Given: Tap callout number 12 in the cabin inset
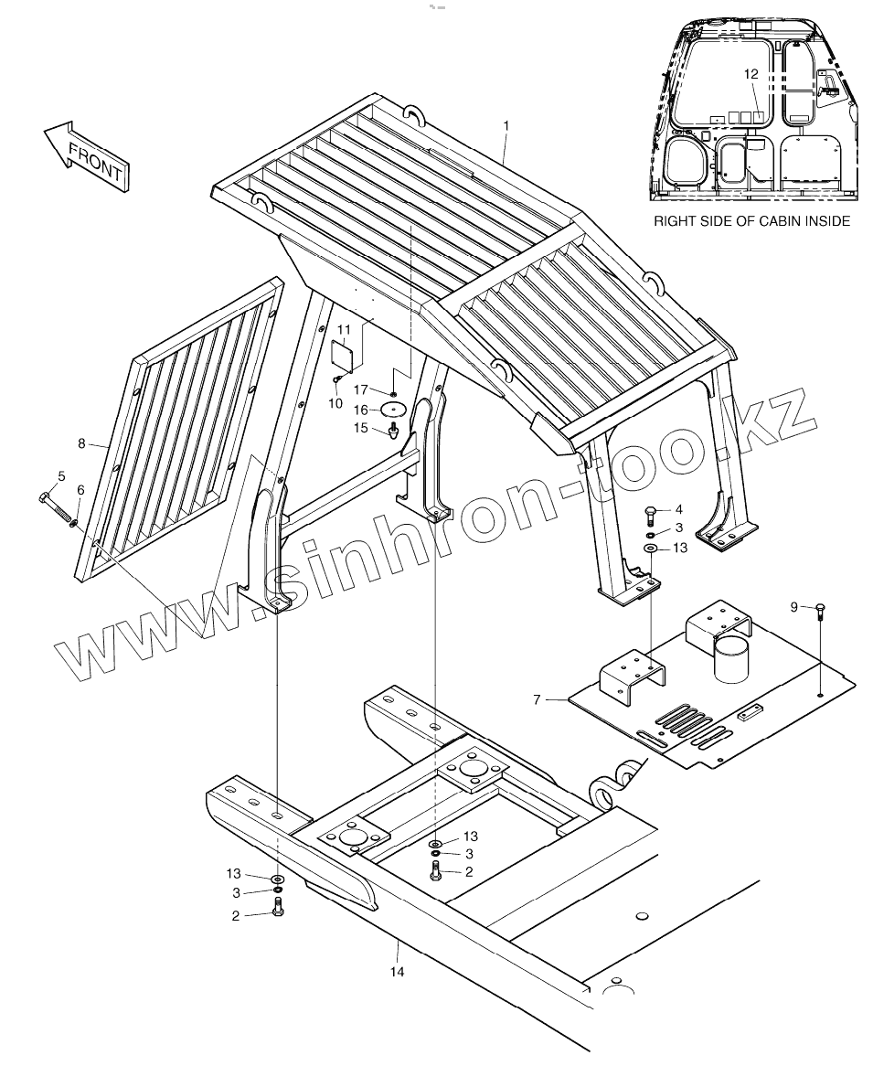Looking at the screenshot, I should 751,74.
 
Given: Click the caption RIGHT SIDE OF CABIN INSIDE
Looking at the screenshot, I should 751,221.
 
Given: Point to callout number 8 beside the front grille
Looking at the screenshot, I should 81,443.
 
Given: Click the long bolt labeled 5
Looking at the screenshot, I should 80,490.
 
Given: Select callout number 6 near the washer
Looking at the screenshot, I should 80,490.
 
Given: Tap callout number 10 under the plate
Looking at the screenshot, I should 335,402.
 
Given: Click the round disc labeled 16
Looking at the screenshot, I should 394,410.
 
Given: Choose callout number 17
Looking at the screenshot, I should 360,390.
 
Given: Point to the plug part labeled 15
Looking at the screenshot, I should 394,430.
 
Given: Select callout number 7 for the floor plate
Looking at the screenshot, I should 537,699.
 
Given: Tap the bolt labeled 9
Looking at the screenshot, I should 819,611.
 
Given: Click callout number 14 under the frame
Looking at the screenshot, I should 397,972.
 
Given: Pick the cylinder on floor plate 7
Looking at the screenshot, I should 730,659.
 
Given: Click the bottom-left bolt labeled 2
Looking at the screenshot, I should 278,909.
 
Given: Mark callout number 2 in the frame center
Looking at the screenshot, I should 468,871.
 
